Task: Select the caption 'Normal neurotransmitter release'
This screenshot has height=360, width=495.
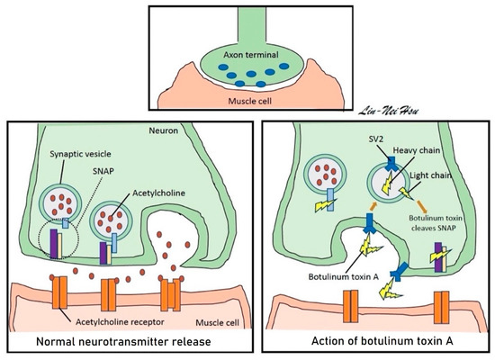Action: [122, 341]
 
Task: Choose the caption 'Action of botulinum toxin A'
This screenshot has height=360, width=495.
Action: [371, 341]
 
